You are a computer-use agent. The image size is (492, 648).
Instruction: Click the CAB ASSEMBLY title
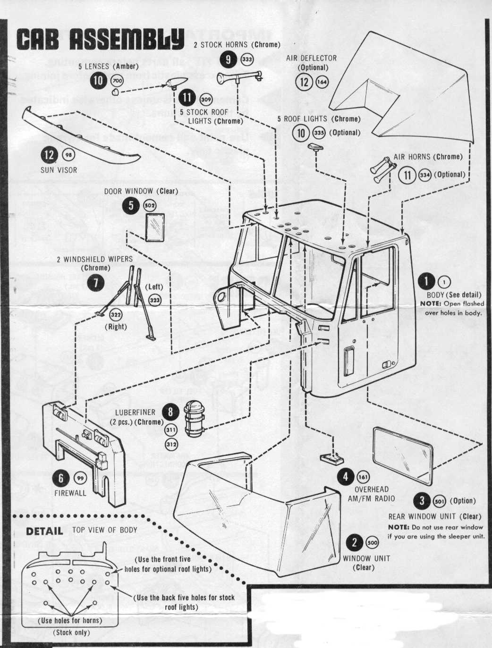100,39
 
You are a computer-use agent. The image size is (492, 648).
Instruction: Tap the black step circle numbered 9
229,59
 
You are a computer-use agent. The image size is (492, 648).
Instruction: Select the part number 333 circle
247,59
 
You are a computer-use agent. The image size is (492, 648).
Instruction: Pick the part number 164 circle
322,82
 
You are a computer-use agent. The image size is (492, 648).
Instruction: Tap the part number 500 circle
373,543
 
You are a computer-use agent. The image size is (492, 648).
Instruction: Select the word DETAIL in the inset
44,530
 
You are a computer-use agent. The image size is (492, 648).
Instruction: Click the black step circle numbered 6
61,478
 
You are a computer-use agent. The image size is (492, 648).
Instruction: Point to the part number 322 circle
116,315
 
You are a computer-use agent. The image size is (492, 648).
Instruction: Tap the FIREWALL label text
70,493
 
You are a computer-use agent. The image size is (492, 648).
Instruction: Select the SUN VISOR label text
59,170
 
